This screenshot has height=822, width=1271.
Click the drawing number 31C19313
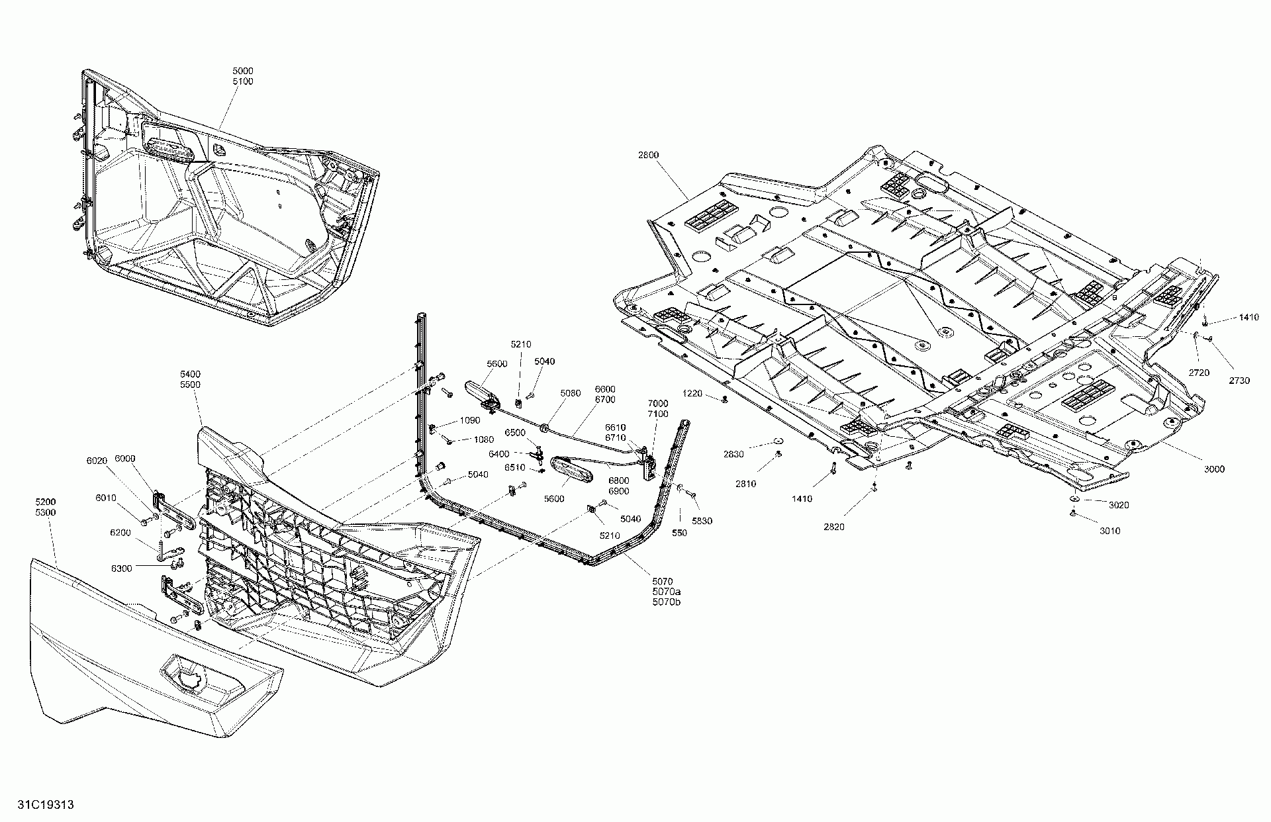tap(46, 805)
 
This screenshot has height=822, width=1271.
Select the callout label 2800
tap(649, 155)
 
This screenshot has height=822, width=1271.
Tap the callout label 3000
tap(1214, 469)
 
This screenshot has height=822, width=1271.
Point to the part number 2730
tap(1239, 381)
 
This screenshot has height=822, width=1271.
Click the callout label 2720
tap(1199, 373)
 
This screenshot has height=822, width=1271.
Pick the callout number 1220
tap(692, 394)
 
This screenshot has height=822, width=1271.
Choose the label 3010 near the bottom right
tap(1110, 531)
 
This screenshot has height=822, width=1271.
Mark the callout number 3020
tap(1119, 505)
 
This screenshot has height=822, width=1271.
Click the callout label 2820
tap(834, 527)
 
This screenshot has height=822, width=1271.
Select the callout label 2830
tap(733, 454)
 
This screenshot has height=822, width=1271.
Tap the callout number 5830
tap(702, 521)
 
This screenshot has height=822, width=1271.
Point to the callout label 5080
tap(570, 393)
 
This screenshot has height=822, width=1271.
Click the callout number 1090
tap(469, 420)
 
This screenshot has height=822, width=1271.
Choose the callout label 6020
tap(97, 461)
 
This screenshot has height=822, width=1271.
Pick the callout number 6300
tap(121, 569)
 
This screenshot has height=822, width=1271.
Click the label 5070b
tap(667, 602)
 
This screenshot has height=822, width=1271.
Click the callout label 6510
tap(515, 467)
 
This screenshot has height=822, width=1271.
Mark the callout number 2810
tap(745, 484)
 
